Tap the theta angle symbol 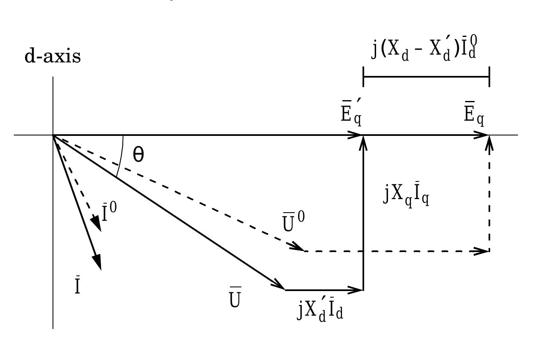139,156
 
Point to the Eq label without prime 474,115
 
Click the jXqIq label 406,196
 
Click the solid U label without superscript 235,300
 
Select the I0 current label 109,213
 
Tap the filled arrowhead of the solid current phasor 97,262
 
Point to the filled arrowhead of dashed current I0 96,224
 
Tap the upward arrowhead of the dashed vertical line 489,143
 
